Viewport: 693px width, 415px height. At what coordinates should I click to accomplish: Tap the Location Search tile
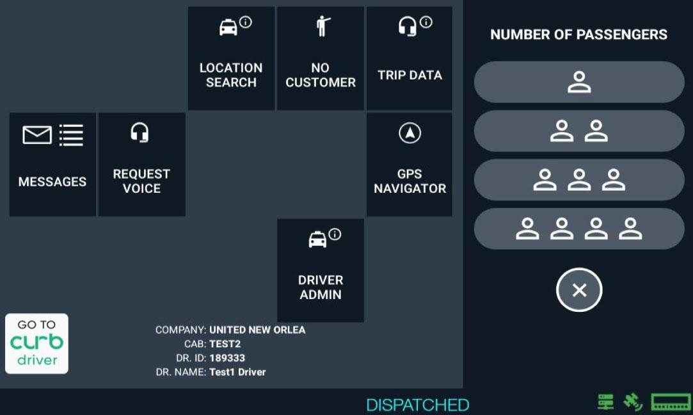231,58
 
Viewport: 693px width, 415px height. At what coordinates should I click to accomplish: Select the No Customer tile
320,58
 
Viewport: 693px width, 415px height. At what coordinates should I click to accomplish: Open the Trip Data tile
410,58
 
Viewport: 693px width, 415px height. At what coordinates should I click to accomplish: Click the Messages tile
52,165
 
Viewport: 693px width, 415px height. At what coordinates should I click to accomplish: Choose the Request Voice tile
141,165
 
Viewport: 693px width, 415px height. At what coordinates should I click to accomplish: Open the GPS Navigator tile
410,165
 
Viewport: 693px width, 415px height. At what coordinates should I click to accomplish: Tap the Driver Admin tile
320,270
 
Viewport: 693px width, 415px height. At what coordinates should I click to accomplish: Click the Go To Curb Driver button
36,343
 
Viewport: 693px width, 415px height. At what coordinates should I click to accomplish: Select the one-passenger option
579,82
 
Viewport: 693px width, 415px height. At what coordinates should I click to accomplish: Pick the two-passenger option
579,131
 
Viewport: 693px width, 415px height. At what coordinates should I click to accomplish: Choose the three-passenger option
579,180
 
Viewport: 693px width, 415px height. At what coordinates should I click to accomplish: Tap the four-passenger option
579,229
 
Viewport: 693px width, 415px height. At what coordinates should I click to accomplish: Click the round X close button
579,290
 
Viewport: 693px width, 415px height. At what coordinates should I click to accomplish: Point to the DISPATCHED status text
417,405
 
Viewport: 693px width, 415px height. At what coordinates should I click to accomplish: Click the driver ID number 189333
227,358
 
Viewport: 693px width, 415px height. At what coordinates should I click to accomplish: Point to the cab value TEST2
225,344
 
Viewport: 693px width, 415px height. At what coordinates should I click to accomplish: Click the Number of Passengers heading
578,35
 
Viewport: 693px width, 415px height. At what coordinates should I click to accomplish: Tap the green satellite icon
633,402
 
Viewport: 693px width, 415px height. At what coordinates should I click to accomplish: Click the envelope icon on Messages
37,135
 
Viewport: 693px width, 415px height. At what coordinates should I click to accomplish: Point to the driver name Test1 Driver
237,372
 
